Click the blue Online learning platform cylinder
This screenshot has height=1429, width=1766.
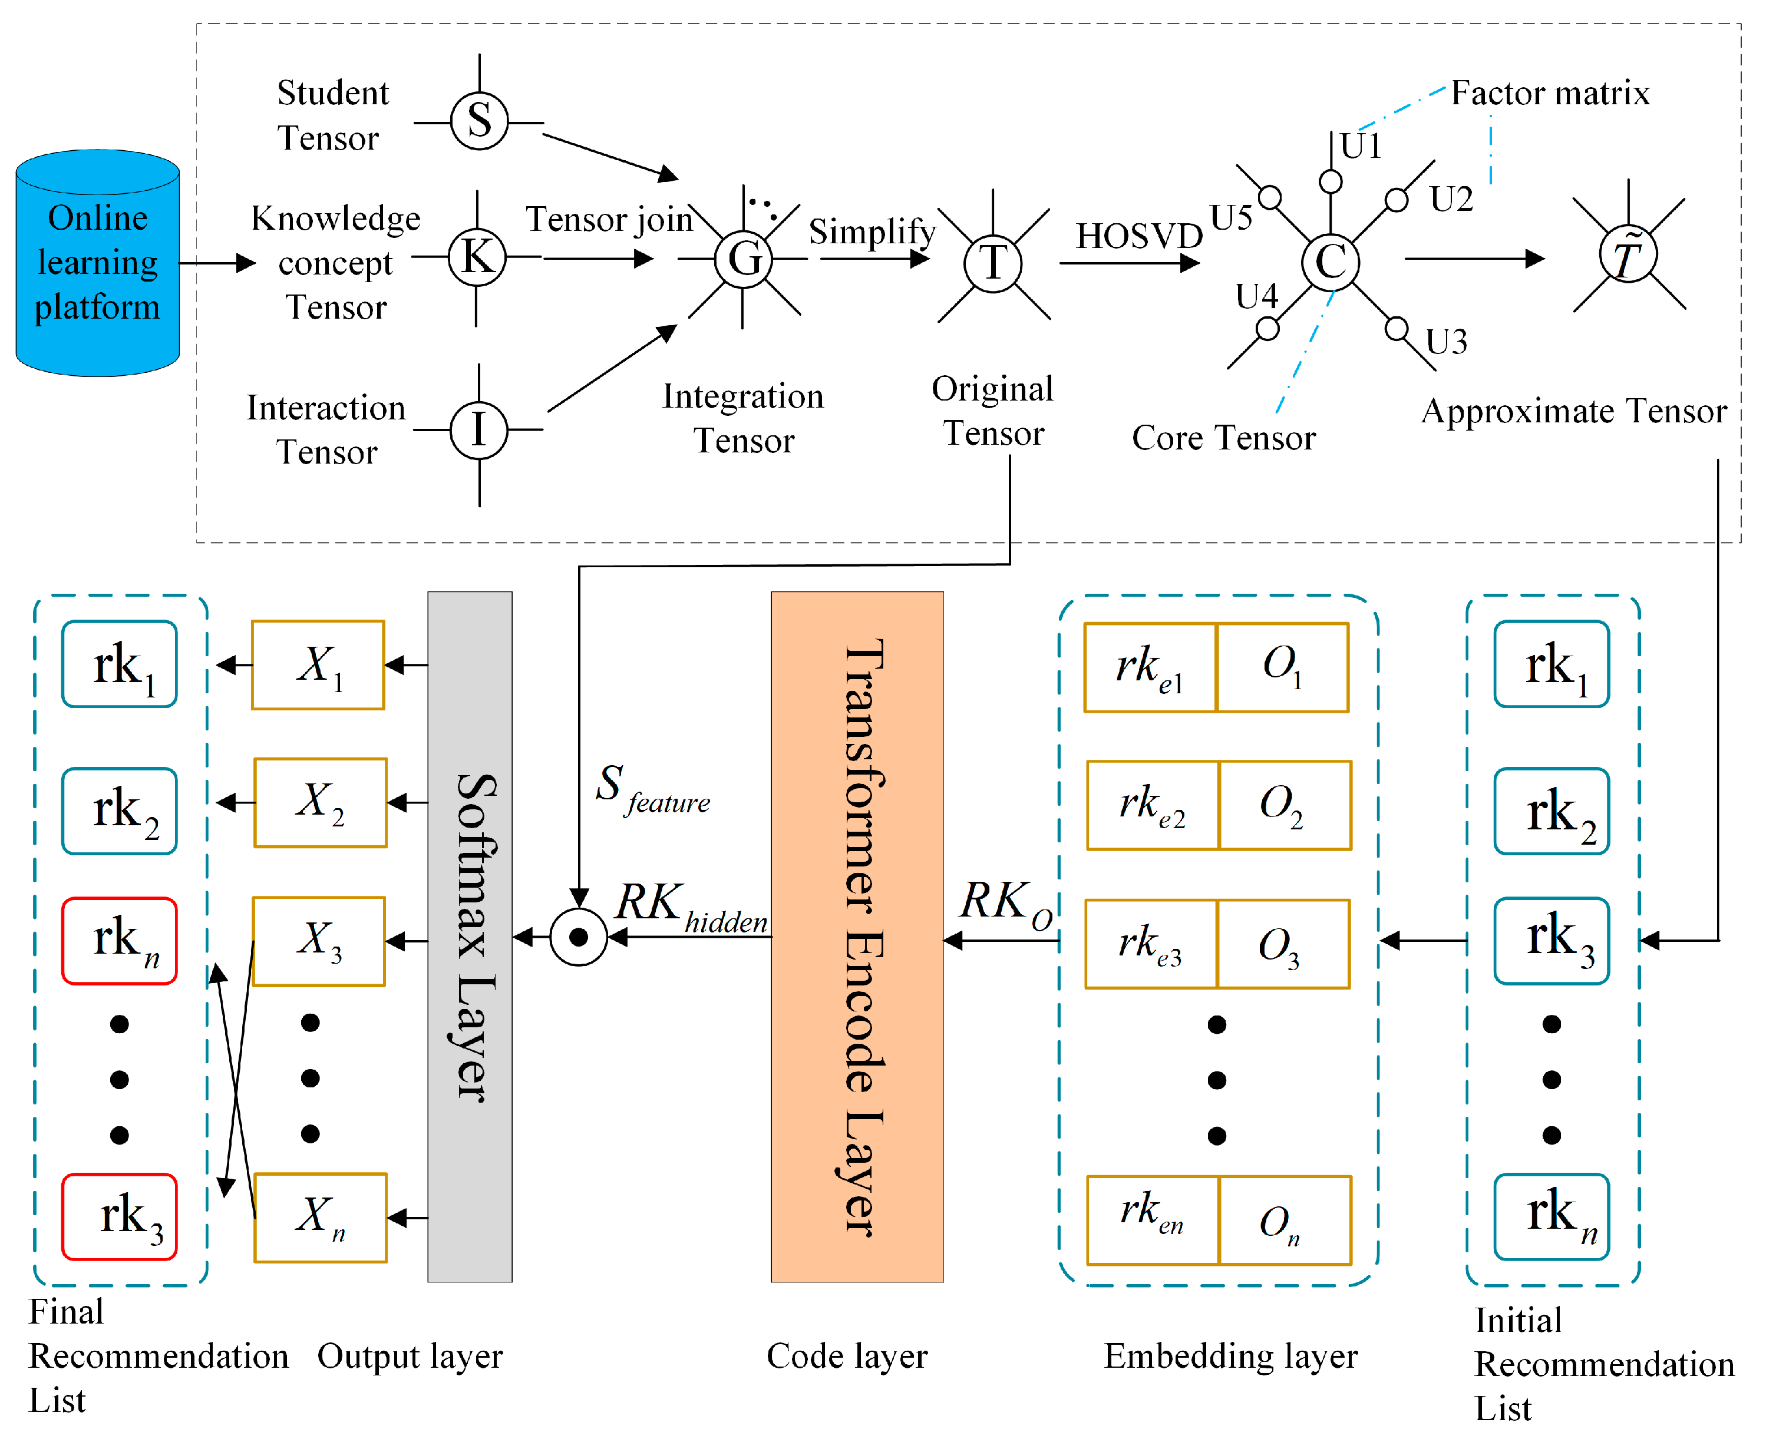pyautogui.click(x=97, y=263)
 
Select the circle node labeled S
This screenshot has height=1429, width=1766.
pyautogui.click(x=479, y=121)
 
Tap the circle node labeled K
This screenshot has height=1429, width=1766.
pyautogui.click(x=477, y=257)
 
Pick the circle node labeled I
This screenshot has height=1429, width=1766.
pyautogui.click(x=478, y=429)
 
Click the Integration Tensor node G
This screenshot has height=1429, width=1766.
pyautogui.click(x=744, y=259)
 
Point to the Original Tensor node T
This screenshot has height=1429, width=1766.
pyautogui.click(x=993, y=263)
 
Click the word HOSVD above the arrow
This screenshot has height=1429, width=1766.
pyautogui.click(x=1140, y=236)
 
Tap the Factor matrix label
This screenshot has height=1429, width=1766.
pyautogui.click(x=1550, y=93)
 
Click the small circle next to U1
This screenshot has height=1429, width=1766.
pyautogui.click(x=1331, y=181)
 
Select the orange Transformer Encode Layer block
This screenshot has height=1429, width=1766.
pyautogui.click(x=857, y=937)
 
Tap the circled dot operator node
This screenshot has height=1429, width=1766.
pyautogui.click(x=579, y=937)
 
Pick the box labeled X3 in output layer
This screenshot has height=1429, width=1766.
pyautogui.click(x=319, y=941)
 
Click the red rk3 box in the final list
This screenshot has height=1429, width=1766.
pyautogui.click(x=120, y=1216)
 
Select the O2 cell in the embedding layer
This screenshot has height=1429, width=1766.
pyautogui.click(x=1285, y=805)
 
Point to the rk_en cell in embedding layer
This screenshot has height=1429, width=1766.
pyautogui.click(x=1153, y=1220)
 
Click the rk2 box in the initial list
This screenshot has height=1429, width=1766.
pyautogui.click(x=1552, y=811)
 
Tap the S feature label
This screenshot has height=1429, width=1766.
pyautogui.click(x=653, y=790)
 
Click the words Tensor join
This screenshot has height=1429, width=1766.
pyautogui.click(x=609, y=220)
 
